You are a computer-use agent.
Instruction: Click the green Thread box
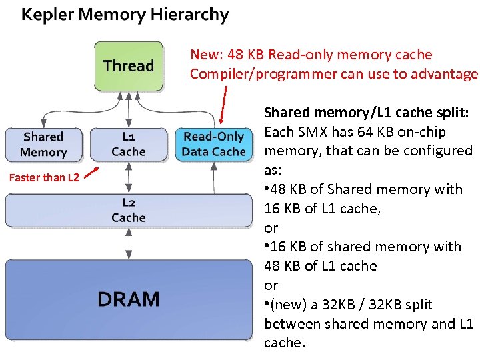click(128, 66)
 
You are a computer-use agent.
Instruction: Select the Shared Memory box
click(43, 144)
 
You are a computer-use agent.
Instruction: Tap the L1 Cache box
click(129, 144)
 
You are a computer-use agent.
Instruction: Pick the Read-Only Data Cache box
click(213, 144)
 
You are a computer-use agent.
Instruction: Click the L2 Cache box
click(128, 209)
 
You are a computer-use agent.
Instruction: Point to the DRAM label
click(128, 299)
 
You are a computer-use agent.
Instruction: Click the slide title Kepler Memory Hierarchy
click(125, 15)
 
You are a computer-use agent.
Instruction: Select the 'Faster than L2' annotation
click(44, 177)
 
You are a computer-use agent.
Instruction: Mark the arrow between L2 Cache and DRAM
click(128, 243)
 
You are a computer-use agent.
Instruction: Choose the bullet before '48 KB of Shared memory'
click(267, 189)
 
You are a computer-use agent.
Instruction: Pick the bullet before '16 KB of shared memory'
click(267, 247)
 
